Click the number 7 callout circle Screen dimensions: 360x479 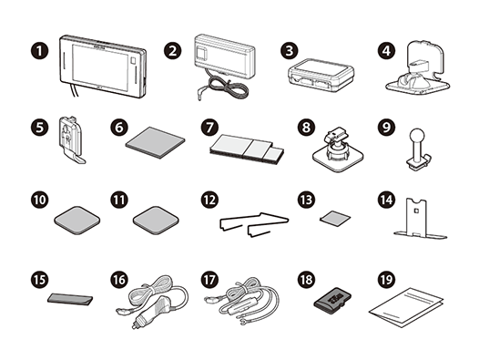pos(208,126)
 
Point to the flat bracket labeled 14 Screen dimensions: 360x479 pos(416,225)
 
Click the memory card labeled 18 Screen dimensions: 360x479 pos(330,300)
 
